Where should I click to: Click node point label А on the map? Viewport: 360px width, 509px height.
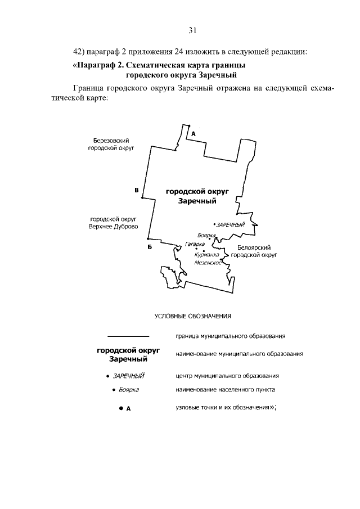193,134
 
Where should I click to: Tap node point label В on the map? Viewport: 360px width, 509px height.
136,190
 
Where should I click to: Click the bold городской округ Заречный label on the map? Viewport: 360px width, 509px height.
193,196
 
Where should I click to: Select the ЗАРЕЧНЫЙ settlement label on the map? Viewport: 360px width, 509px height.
231,225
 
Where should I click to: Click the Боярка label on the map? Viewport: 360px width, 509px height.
207,235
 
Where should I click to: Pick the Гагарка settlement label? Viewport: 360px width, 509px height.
194,245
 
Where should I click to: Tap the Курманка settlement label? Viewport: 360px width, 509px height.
206,254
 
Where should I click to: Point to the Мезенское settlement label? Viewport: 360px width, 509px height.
208,263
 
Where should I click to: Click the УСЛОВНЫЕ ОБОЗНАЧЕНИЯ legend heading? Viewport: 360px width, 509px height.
193,316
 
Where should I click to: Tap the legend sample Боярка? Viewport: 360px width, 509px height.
128,389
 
